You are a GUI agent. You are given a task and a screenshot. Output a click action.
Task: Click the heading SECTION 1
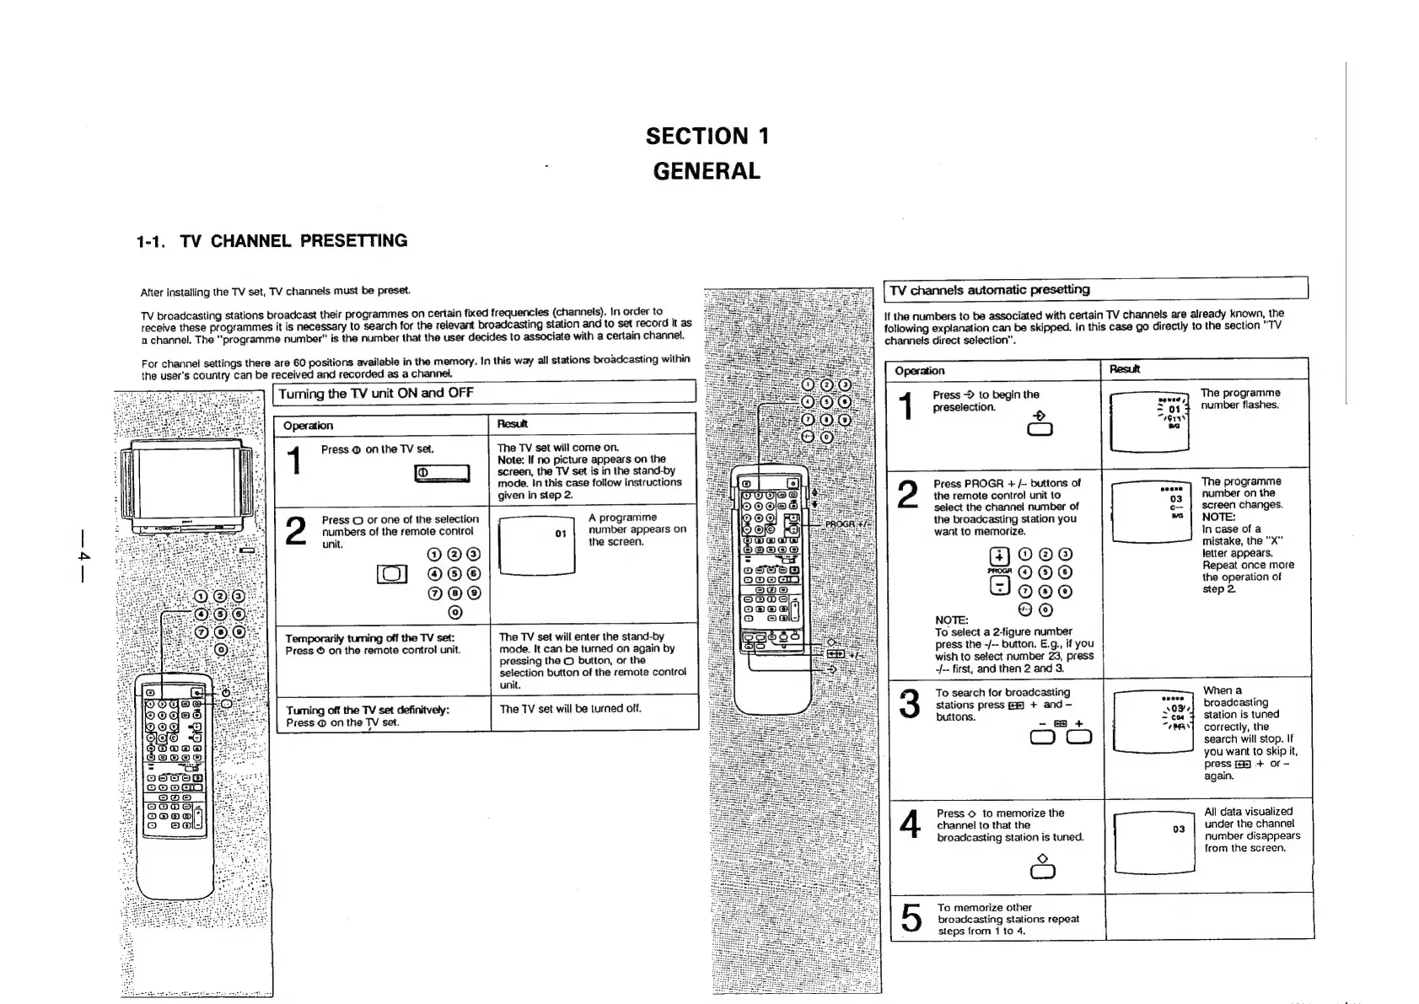707,137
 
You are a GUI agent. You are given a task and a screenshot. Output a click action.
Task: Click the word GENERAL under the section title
707,171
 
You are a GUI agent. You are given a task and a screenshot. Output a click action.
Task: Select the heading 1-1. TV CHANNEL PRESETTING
271,241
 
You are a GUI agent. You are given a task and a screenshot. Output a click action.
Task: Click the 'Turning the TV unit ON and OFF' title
376,394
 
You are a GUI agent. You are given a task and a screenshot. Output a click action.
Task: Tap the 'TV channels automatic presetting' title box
990,290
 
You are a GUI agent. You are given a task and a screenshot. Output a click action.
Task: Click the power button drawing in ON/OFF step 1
442,473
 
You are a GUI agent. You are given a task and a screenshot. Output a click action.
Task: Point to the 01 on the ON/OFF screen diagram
561,534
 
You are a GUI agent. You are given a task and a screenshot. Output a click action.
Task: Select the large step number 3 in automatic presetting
909,705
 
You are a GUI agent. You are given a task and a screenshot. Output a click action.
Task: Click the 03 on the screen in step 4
1179,830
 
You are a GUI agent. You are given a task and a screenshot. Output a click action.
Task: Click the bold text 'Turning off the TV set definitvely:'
367,710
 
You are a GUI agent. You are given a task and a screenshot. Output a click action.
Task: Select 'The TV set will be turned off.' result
570,709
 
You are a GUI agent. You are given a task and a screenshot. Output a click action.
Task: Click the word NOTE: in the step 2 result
1218,517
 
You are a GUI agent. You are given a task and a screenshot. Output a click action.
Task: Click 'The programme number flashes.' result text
1239,399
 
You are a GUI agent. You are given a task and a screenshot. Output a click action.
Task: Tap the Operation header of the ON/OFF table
308,426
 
